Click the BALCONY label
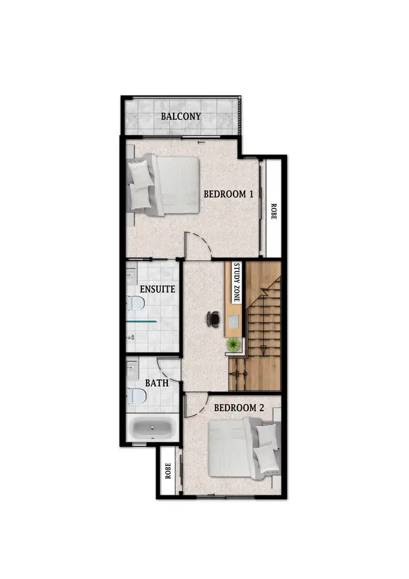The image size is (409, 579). [x=181, y=116]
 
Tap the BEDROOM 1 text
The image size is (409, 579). [x=229, y=194]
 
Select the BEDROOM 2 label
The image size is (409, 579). [x=239, y=407]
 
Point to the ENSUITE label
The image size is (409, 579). [x=157, y=289]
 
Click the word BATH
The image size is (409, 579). [x=157, y=383]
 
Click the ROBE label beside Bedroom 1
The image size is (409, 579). [x=273, y=212]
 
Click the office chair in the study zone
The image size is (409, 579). [x=214, y=318]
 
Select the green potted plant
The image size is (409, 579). [x=232, y=344]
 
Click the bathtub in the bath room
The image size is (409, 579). [x=152, y=428]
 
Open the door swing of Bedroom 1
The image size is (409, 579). [x=195, y=244]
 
